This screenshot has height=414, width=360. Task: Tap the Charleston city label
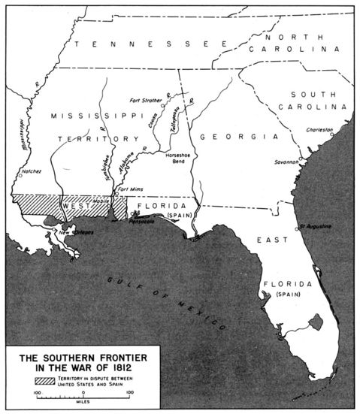[x=319, y=129]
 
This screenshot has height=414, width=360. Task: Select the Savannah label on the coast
[x=287, y=161]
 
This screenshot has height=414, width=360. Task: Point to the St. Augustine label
[x=314, y=225]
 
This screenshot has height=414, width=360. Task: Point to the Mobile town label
[x=101, y=201]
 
